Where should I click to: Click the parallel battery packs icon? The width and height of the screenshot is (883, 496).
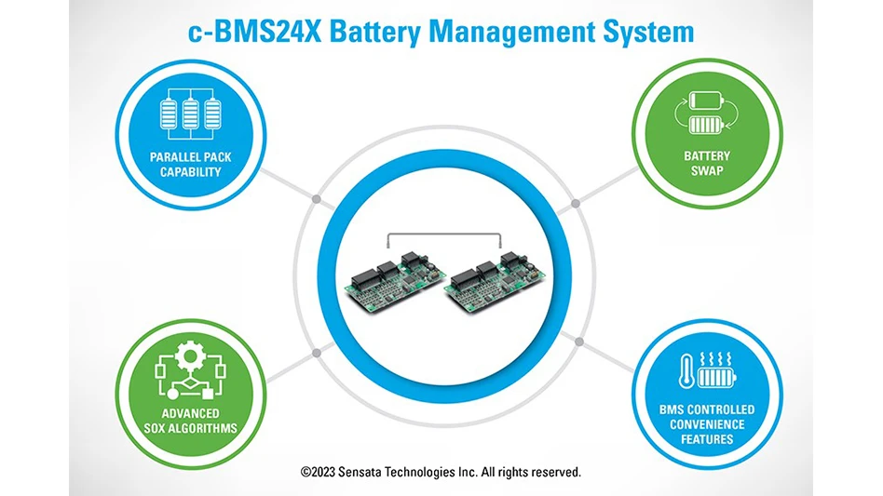pos(190,114)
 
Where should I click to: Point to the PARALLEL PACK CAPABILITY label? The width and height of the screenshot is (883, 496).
pos(190,165)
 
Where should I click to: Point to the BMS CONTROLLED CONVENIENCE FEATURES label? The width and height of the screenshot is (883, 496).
pos(706,423)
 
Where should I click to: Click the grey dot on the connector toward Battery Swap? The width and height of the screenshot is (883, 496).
pos(576,201)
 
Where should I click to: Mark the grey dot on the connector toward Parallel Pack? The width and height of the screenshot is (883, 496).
pos(317,198)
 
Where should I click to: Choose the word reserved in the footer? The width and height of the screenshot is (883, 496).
pos(552,472)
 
